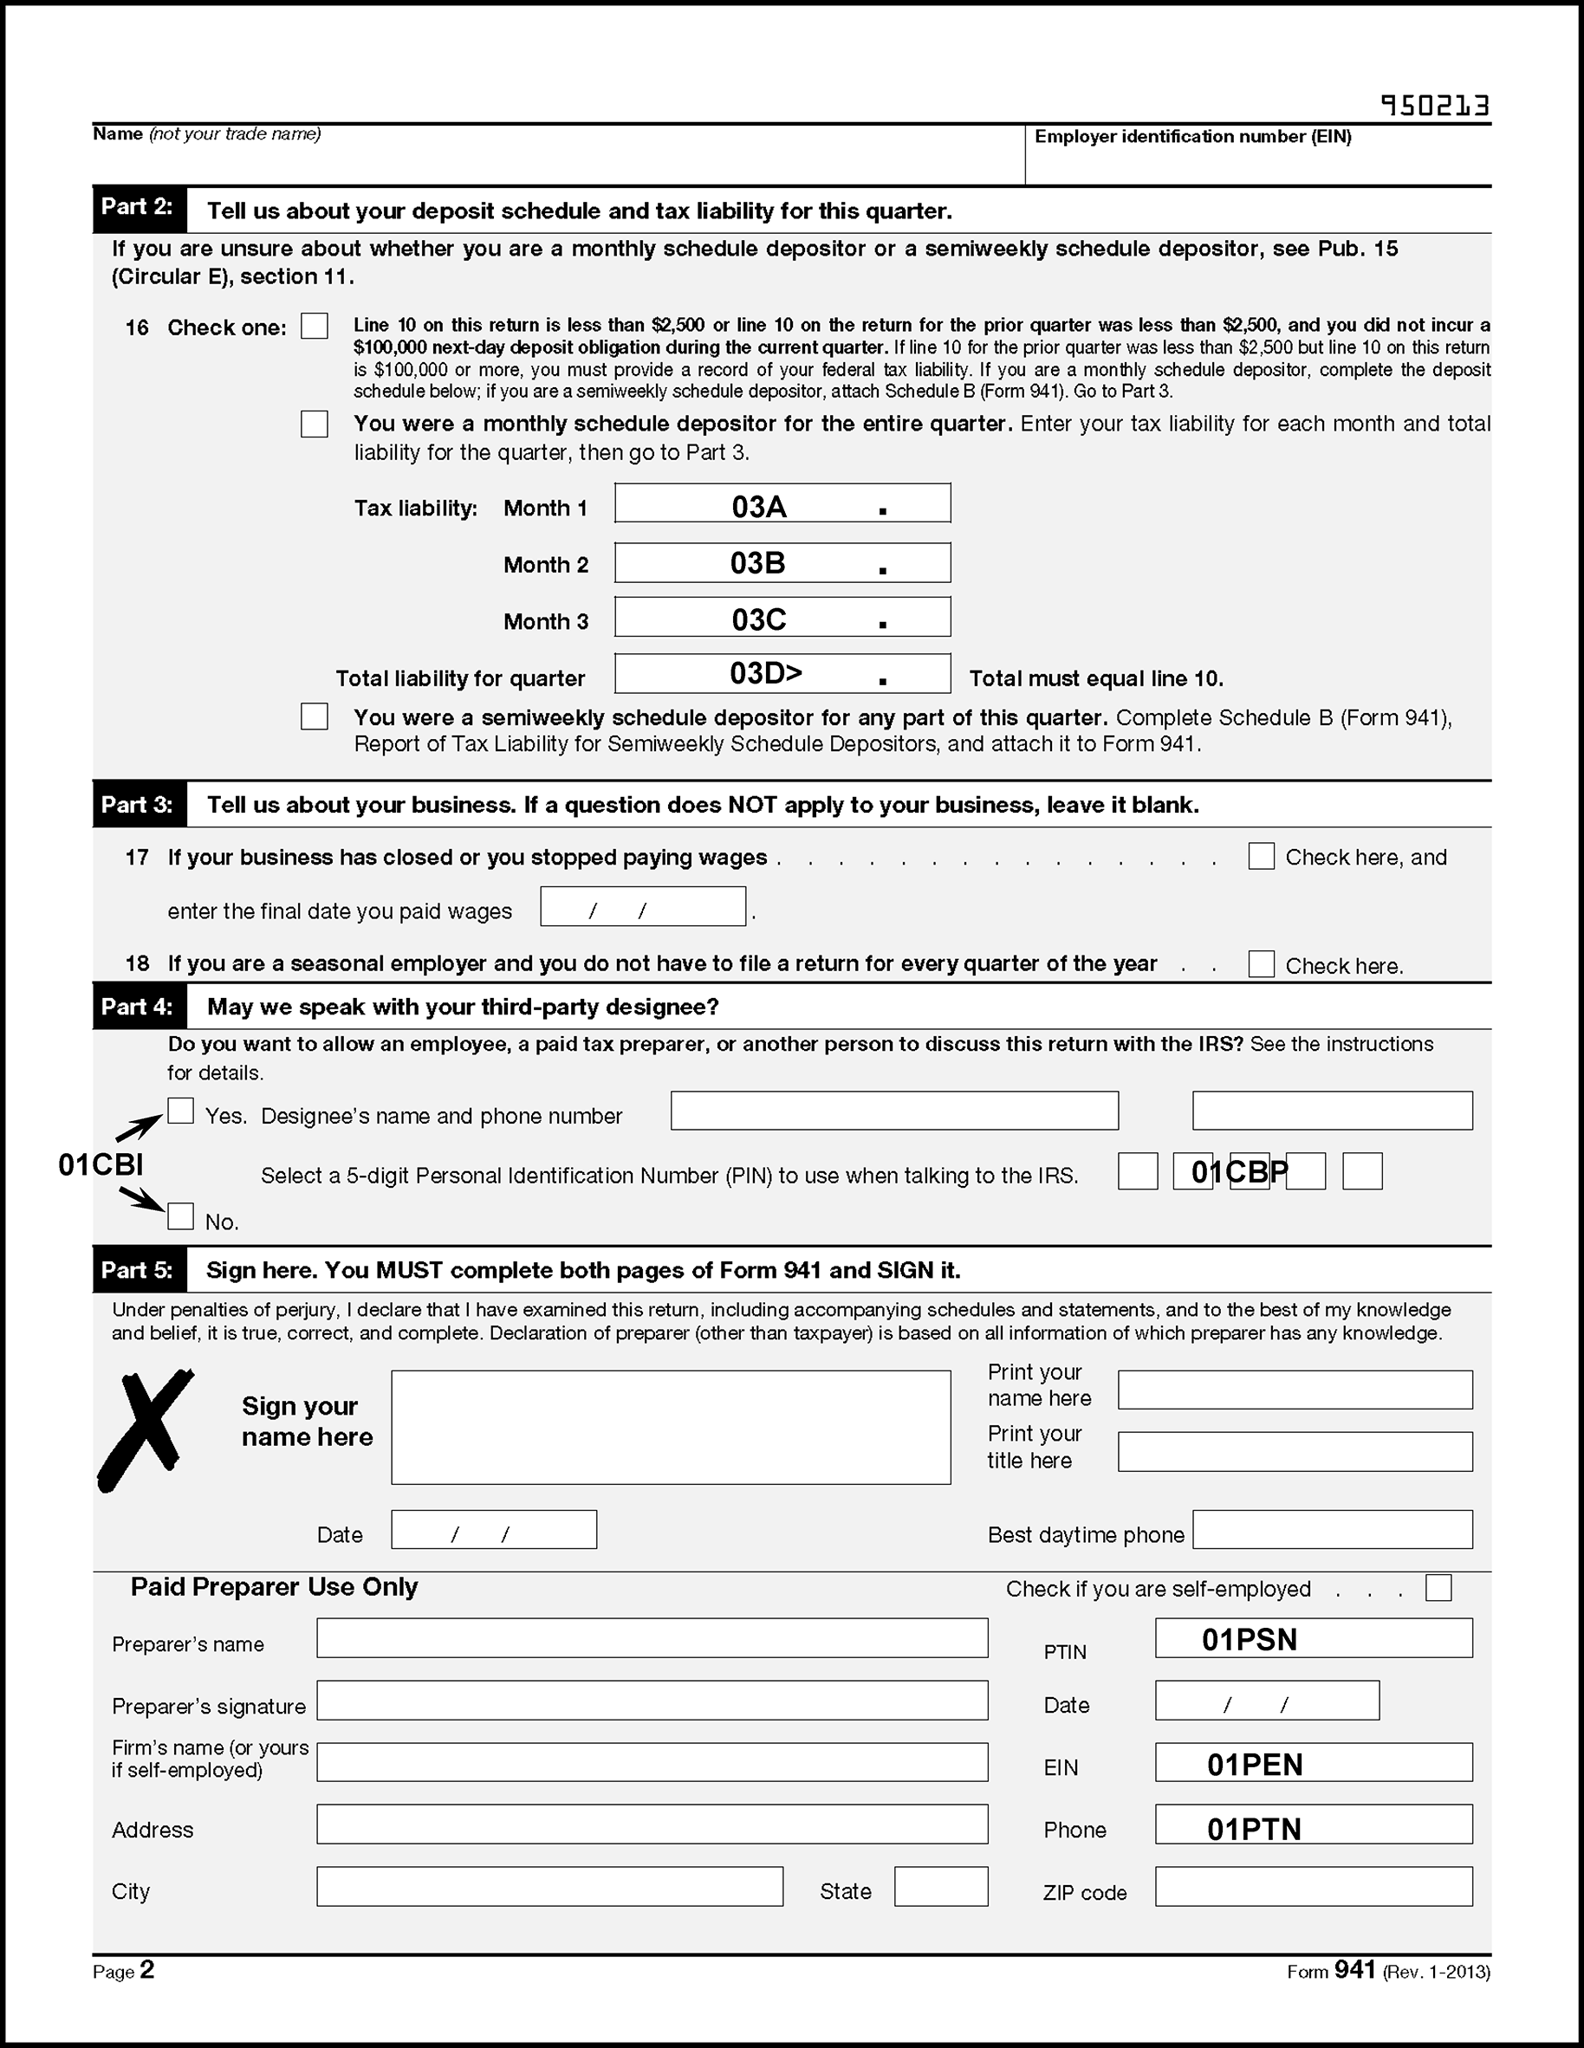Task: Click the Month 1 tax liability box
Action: pyautogui.click(x=782, y=503)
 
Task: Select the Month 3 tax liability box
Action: pyautogui.click(x=782, y=617)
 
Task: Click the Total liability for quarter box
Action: pyautogui.click(x=782, y=673)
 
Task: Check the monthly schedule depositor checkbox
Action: pyautogui.click(x=315, y=424)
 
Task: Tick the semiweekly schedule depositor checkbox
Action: pyautogui.click(x=315, y=716)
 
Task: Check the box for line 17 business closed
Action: pyautogui.click(x=1261, y=856)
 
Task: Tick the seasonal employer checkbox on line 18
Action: pyautogui.click(x=1261, y=964)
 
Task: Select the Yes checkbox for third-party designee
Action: pyautogui.click(x=180, y=1111)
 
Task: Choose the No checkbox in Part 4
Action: pyautogui.click(x=180, y=1216)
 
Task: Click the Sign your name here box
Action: pyautogui.click(x=671, y=1427)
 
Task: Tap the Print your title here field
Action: pyautogui.click(x=1295, y=1452)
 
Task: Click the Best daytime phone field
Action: pyautogui.click(x=1332, y=1529)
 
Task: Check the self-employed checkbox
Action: pyautogui.click(x=1438, y=1588)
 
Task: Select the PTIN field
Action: pyautogui.click(x=1313, y=1638)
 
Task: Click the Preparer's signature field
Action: pyautogui.click(x=652, y=1700)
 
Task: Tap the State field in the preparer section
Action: pyautogui.click(x=941, y=1886)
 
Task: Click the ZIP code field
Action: pyautogui.click(x=1313, y=1886)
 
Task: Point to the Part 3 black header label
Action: pyautogui.click(x=139, y=805)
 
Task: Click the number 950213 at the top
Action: pyautogui.click(x=1435, y=106)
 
